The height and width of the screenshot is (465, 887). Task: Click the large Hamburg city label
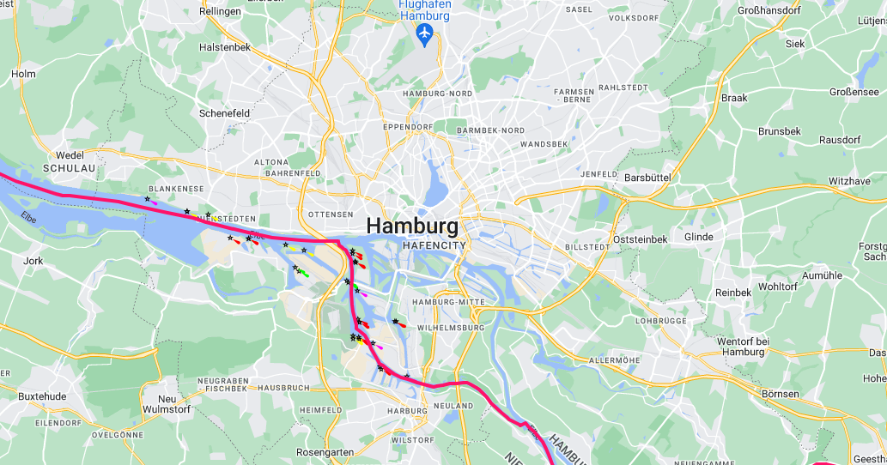tap(412, 226)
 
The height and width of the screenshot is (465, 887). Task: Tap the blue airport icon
tap(423, 33)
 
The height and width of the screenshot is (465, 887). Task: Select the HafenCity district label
tap(434, 245)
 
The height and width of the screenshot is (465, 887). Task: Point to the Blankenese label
tap(176, 189)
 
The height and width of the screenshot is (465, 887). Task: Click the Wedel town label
tap(70, 154)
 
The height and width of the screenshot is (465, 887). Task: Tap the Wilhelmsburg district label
tap(450, 328)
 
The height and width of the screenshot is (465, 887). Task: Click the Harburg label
tap(408, 411)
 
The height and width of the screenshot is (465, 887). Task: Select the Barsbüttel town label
tap(647, 177)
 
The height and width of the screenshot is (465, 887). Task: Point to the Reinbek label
tap(733, 293)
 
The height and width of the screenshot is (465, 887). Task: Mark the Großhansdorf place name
tap(769, 10)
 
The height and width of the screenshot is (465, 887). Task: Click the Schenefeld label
tap(224, 113)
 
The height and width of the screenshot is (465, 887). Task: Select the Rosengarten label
tap(324, 452)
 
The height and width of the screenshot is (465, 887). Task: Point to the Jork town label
tap(34, 260)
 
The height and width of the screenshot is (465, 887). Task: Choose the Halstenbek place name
tap(224, 47)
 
